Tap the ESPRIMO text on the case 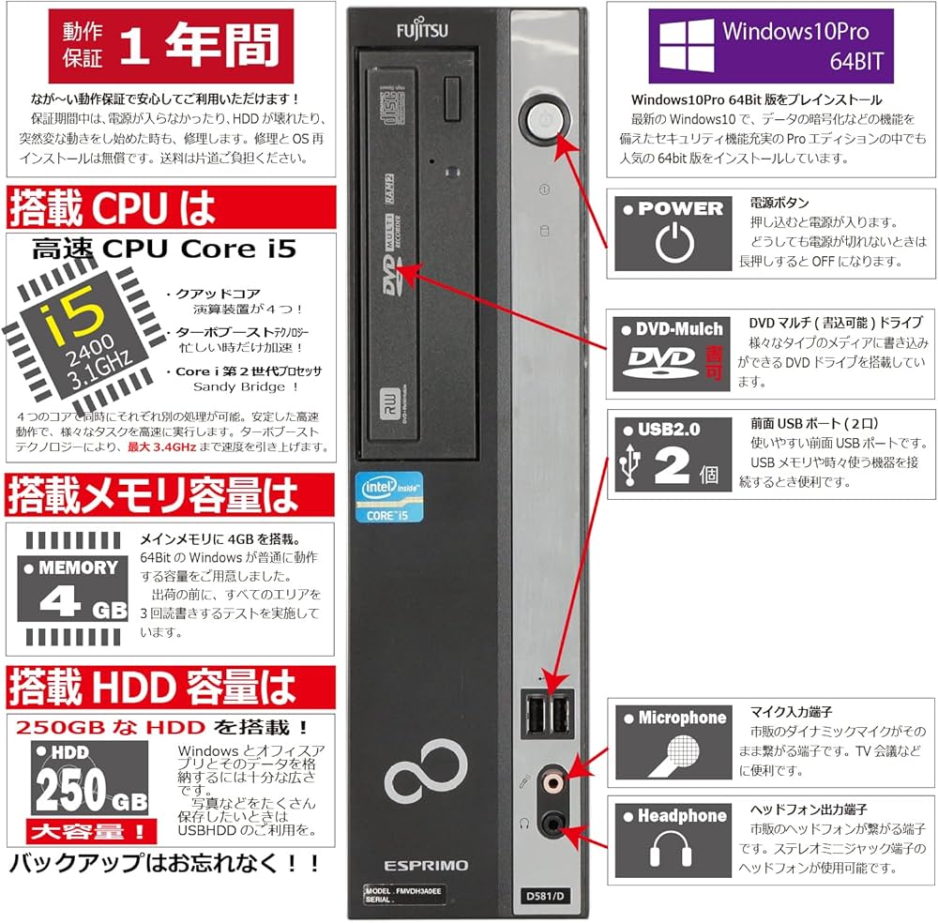coord(425,865)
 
